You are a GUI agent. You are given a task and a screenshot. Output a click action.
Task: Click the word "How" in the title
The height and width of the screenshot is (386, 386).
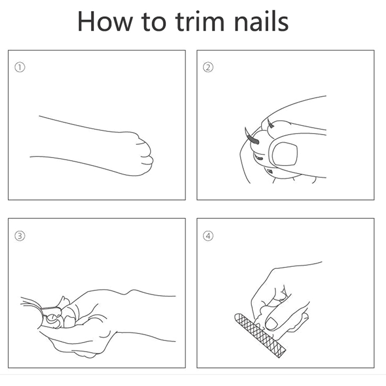coord(105,21)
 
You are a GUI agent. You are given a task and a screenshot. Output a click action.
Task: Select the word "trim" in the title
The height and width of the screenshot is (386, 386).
coord(200,21)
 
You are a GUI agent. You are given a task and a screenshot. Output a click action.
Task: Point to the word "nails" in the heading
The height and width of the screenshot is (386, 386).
coord(261,21)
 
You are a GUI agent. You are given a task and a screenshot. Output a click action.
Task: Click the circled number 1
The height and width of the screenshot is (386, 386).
coord(20,68)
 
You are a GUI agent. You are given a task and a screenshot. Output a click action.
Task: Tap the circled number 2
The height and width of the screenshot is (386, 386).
coord(208,68)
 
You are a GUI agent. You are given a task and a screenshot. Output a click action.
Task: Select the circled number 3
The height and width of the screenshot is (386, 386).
coord(20,236)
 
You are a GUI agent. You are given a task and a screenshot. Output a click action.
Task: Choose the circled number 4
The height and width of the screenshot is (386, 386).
coord(208,236)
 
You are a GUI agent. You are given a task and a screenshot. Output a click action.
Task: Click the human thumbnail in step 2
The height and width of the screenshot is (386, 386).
coord(285,154)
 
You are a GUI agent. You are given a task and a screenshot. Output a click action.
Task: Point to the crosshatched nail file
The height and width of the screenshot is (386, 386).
coord(260,335)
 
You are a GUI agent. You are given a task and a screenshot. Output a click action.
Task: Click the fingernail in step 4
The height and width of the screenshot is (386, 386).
coord(271,323)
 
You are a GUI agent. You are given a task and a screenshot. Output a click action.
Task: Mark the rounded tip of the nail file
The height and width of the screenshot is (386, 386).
coord(237,317)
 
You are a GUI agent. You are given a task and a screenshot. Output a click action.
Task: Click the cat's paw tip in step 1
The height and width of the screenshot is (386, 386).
coord(147,154)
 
